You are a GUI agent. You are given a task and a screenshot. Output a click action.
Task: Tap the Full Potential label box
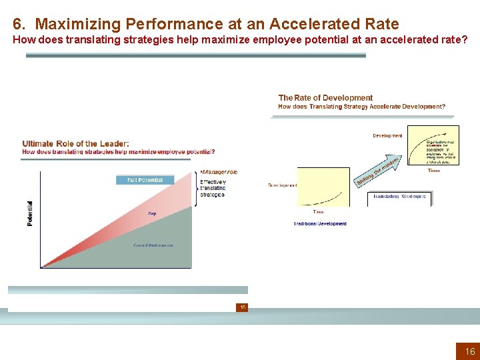point(145,180)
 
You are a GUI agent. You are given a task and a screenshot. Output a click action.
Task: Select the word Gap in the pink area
point(152,213)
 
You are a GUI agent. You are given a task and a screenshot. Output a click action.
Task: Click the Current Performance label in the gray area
point(153,245)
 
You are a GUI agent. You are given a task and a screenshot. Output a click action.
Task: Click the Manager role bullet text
point(219,172)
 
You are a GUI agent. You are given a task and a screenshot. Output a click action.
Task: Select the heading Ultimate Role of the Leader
point(75,143)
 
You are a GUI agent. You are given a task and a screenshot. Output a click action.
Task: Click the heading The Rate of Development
point(325,98)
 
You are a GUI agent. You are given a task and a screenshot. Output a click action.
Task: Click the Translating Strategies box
point(399,197)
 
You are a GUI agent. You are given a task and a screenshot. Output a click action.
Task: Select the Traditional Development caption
point(320,224)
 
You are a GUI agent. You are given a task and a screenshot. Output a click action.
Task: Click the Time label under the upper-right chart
point(433,171)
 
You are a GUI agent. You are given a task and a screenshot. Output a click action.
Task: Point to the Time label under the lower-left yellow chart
point(319,212)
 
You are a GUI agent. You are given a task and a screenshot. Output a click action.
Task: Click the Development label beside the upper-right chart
point(387,136)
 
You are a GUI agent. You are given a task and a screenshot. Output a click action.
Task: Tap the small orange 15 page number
point(243,307)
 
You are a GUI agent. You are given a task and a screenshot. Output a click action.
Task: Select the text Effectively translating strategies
point(213,188)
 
